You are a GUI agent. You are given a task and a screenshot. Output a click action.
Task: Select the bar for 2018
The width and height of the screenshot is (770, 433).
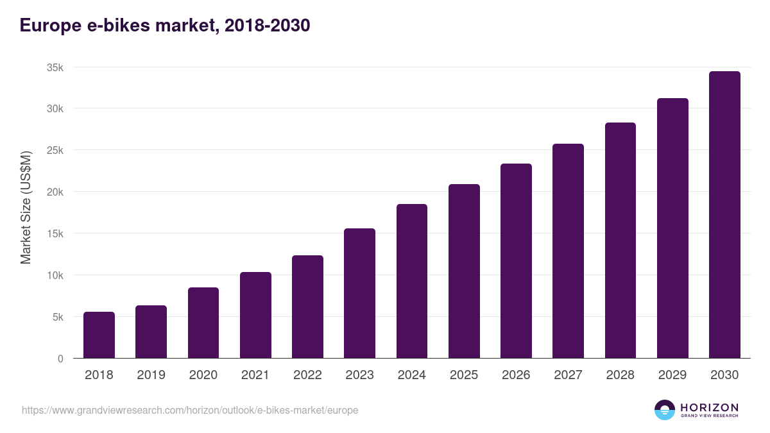99,335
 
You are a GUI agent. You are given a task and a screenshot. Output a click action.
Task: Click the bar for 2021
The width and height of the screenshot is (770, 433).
255,315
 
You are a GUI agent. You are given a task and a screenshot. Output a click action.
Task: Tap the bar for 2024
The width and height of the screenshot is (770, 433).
412,281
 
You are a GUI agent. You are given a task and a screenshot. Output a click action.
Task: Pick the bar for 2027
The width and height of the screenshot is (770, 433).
568,251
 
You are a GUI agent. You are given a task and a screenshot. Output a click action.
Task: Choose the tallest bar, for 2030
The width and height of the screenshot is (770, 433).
724,215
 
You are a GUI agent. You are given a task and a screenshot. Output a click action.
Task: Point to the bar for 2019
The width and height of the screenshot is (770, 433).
151,332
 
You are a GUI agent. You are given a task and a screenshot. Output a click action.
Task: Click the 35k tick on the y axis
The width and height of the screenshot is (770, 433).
55,67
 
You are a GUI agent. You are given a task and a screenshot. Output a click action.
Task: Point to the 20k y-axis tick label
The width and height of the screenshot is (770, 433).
55,192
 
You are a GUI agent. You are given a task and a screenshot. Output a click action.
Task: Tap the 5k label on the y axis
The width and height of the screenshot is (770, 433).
58,317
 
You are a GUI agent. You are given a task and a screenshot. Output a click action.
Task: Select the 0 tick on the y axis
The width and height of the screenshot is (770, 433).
60,359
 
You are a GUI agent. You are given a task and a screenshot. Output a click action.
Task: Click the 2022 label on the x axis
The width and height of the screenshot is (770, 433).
307,375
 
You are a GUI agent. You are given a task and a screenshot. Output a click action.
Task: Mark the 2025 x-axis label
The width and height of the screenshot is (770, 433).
464,375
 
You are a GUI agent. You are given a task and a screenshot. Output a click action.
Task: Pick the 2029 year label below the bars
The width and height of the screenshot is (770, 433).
672,375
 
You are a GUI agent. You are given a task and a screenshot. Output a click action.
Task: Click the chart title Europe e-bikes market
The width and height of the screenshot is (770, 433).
165,25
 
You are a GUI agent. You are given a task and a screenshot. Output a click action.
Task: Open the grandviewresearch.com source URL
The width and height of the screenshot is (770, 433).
190,410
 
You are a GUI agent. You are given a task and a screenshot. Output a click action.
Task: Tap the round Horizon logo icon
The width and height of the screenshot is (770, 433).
665,410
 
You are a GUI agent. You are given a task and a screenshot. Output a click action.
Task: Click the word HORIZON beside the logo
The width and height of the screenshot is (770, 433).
709,407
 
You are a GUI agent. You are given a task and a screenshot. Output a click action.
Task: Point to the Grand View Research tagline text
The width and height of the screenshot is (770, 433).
709,416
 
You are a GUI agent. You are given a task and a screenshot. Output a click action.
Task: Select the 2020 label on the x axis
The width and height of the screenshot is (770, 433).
203,375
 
